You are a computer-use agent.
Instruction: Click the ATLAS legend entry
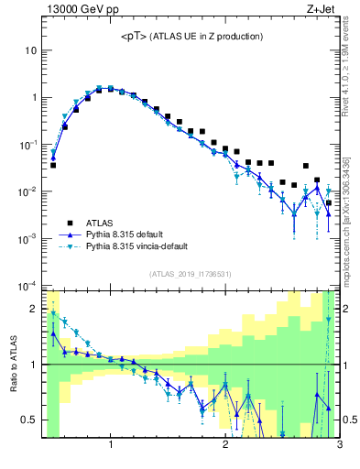[x=101, y=222]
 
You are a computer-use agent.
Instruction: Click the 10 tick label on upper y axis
[x=30, y=50]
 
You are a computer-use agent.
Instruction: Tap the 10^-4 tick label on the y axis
[x=28, y=286]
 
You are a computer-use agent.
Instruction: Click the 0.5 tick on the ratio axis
[x=32, y=420]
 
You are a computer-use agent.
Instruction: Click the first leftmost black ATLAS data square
[x=53, y=165]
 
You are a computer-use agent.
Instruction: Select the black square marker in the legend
[x=70, y=222]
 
